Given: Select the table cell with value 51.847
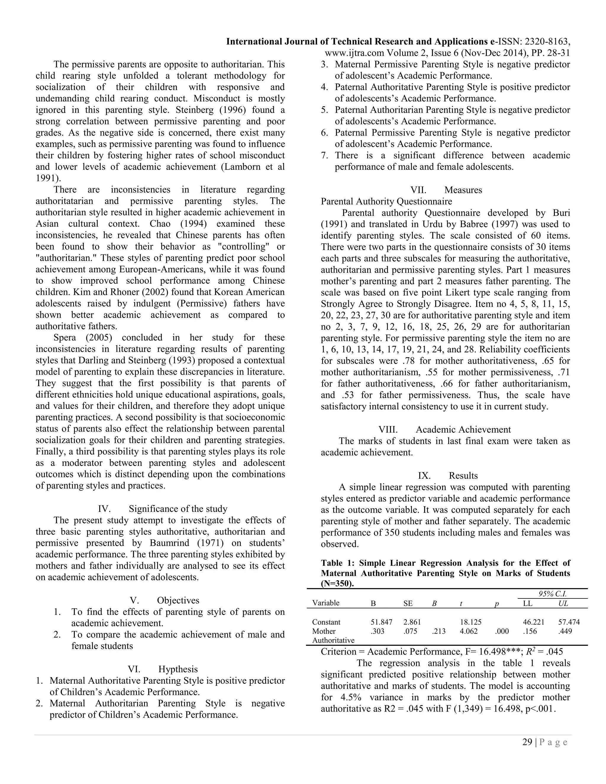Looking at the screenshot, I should pyautogui.click(x=381, y=622).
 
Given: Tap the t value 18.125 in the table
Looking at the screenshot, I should pyautogui.click(x=470, y=622).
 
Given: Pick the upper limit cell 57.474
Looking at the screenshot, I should pyautogui.click(x=569, y=622).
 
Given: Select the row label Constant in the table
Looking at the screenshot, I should pyautogui.click(x=326, y=622).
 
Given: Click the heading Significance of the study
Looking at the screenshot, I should pyautogui.click(x=178, y=509).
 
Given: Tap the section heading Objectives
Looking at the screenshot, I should pyautogui.click(x=178, y=600).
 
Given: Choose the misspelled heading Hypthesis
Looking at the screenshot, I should pyautogui.click(x=178, y=669).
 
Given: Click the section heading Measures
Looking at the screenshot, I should pyautogui.click(x=463, y=190).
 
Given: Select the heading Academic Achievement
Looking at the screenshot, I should pyautogui.click(x=463, y=429).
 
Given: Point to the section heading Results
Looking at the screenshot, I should pyautogui.click(x=463, y=476).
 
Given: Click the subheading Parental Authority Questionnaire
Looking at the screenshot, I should pyautogui.click(x=386, y=201).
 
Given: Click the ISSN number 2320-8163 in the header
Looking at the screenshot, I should pyautogui.click(x=549, y=42).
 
